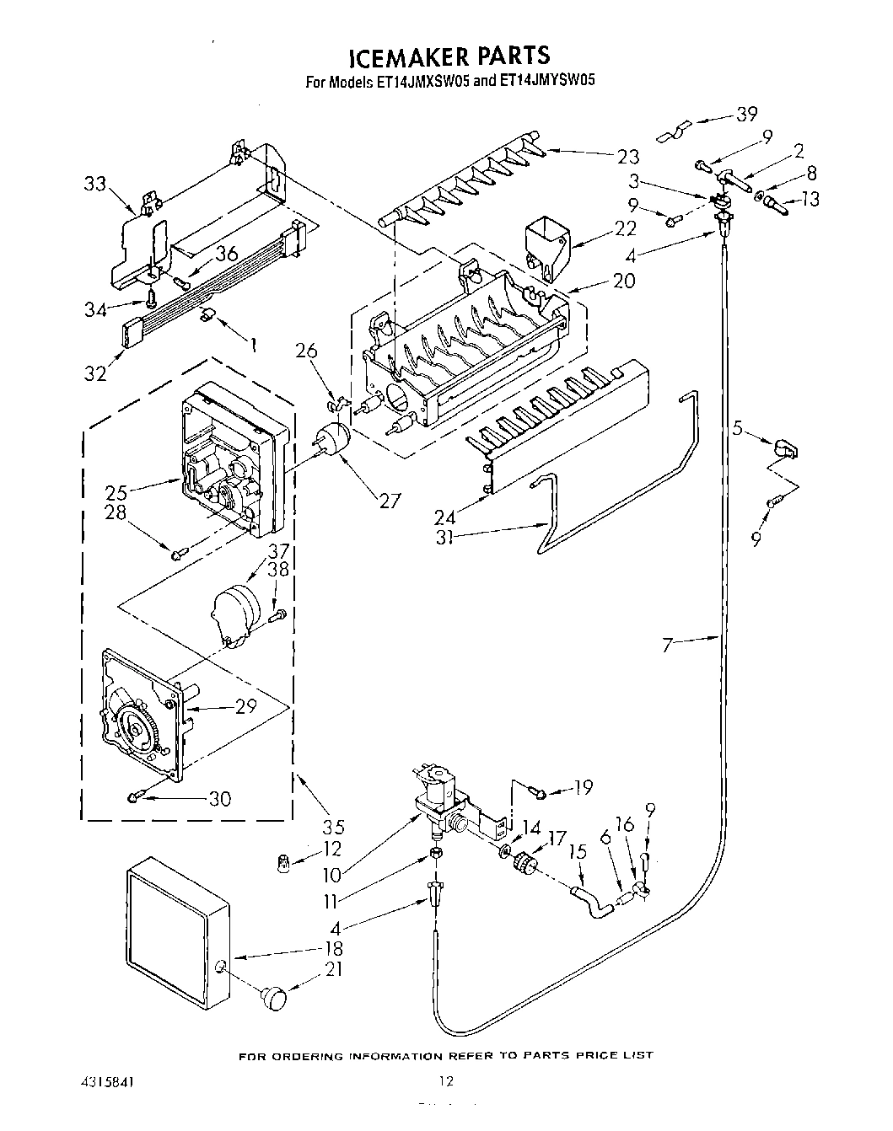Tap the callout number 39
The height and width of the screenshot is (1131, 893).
click(x=746, y=115)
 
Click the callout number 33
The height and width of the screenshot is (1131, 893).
click(x=96, y=183)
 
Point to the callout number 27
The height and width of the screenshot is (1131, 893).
click(x=389, y=501)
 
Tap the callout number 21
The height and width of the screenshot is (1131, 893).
click(x=334, y=970)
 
